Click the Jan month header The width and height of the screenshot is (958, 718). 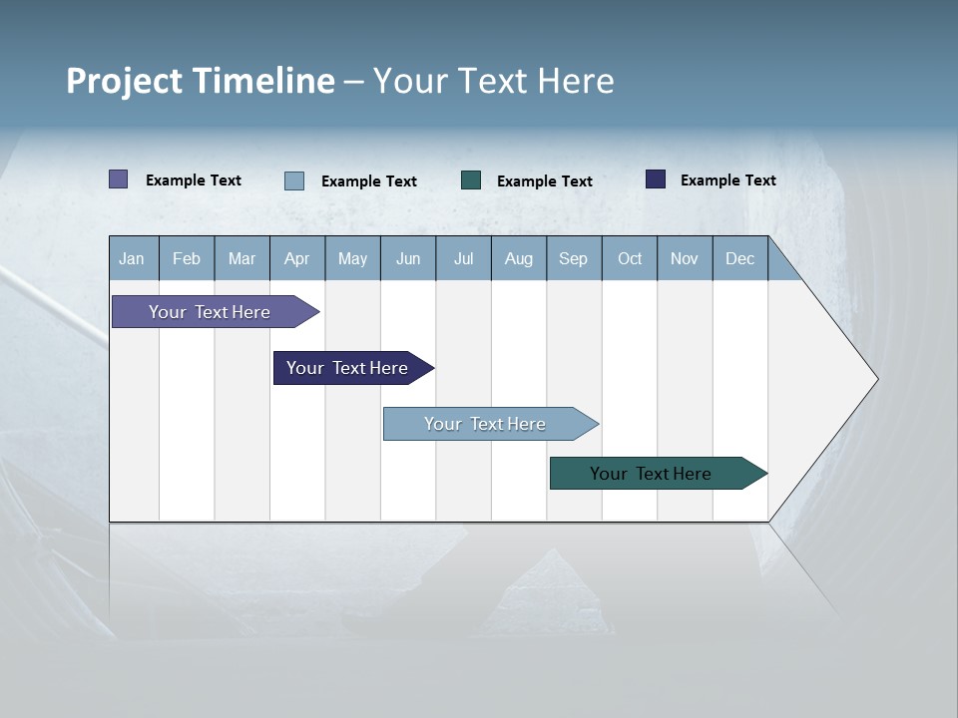point(132,259)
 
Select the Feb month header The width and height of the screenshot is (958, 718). point(187,259)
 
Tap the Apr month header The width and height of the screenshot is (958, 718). point(296,259)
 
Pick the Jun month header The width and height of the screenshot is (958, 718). point(408,259)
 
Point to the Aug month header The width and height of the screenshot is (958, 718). point(518,259)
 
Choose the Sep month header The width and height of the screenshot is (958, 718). point(573,259)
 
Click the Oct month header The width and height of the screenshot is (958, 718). point(630,259)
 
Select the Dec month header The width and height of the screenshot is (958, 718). point(739,259)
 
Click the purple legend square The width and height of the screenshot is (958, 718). point(119,179)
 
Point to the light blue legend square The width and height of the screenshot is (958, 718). point(294,180)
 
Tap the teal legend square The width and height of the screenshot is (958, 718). point(471,180)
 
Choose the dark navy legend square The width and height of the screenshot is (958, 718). point(656,179)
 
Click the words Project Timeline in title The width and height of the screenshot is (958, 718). point(200,81)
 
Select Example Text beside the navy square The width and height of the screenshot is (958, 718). point(727,180)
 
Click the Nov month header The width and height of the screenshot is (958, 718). point(685,259)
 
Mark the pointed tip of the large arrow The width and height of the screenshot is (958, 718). point(875,379)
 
